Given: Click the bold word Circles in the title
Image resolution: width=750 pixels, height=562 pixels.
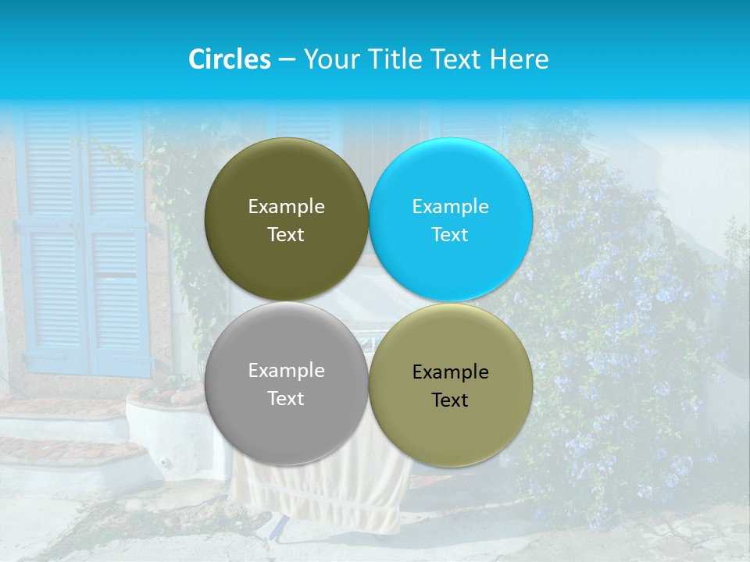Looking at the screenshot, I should coord(229,59).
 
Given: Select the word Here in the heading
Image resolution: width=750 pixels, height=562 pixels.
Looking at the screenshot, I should coord(519,59).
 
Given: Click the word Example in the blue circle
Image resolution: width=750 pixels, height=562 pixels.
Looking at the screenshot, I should coord(450,207).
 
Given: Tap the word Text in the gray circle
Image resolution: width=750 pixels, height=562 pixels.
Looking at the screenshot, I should coord(286,399).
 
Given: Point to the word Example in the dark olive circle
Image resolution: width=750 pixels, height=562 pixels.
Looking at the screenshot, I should coord(286,207).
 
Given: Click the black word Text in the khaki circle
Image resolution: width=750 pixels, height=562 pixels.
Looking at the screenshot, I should coord(450,400).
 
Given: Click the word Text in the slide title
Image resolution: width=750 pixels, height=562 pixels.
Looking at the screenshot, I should coord(457,59).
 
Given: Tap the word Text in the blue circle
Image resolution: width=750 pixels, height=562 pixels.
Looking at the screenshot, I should coord(450,235).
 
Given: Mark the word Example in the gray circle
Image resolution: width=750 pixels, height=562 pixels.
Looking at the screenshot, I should coord(286,371).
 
